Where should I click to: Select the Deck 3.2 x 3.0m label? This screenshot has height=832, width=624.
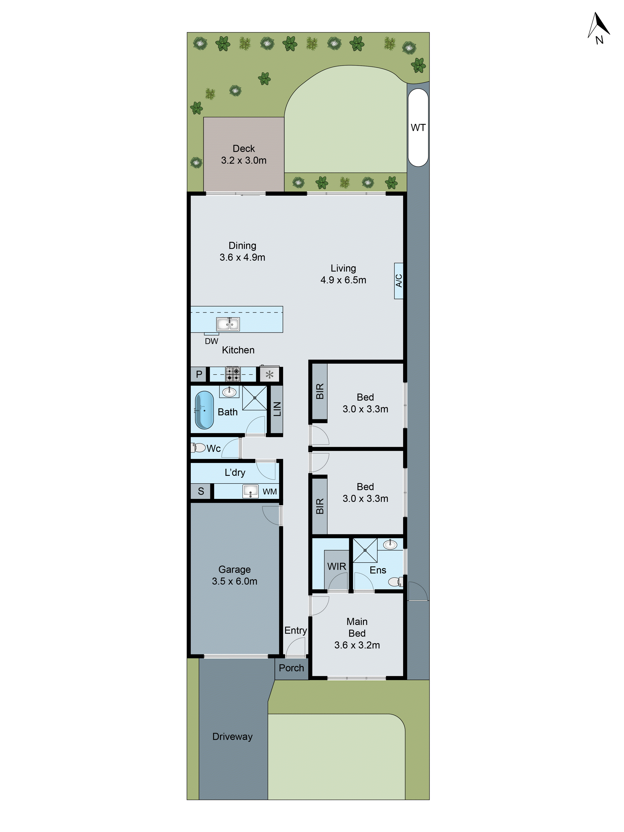pos(243,154)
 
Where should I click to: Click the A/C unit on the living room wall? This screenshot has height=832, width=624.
pos(398,281)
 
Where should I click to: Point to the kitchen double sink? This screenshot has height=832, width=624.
pos(228,324)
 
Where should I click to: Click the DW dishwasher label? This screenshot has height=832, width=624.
pos(211,341)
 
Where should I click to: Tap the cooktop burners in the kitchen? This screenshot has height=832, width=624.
pos(233,374)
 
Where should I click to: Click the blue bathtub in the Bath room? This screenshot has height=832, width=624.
pos(204,410)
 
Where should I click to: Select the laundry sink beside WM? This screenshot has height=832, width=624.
pos(250,491)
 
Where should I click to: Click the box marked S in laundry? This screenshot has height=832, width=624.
pos(201,491)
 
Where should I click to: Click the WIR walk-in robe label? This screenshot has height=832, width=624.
pos(336,567)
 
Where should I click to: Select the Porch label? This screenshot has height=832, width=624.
pos(291,668)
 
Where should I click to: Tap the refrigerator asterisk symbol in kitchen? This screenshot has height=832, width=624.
pos(269,375)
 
